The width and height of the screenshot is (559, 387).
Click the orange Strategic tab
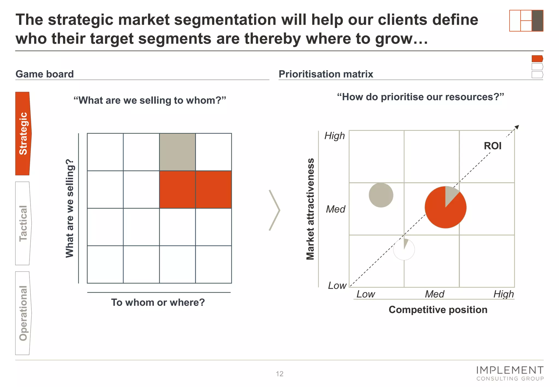[23, 133]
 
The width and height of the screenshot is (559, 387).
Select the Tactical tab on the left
[23, 223]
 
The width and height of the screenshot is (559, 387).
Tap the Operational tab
[23, 313]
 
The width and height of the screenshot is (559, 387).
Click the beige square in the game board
[177, 152]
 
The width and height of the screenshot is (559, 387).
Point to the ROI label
[492, 146]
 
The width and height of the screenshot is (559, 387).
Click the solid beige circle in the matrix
[381, 195]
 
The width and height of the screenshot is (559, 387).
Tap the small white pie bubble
[404, 250]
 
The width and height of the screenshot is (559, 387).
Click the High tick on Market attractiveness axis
[334, 136]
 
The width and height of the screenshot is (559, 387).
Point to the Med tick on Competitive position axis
[435, 294]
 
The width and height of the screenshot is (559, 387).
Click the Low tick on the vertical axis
[337, 286]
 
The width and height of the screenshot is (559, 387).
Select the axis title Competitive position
[438, 310]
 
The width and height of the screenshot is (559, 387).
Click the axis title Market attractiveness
[310, 209]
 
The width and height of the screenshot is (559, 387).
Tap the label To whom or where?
[158, 302]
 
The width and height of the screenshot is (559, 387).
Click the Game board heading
[44, 74]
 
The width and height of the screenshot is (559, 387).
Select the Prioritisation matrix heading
[326, 74]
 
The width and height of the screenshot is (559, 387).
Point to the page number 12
[279, 374]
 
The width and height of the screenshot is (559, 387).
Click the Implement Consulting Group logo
[510, 373]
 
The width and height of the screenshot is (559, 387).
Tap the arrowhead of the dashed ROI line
[516, 127]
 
